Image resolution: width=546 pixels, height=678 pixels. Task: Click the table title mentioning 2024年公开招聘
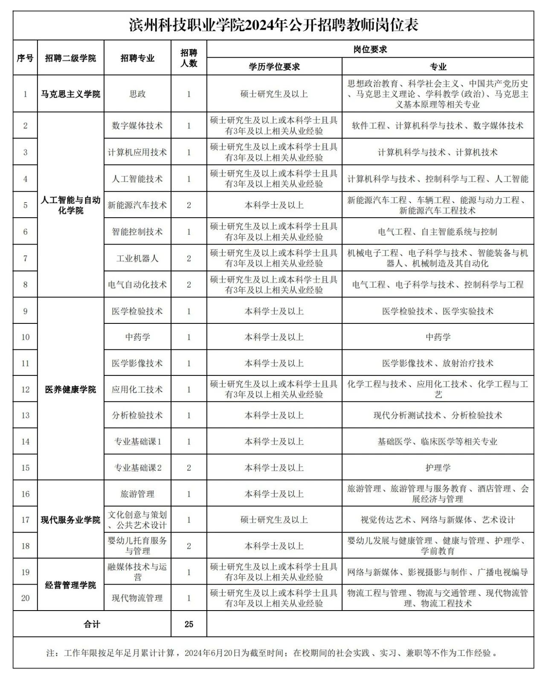tap(273, 25)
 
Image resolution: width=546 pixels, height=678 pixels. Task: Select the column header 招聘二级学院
tap(71, 58)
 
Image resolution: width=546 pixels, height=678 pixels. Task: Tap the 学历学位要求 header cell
tap(274, 67)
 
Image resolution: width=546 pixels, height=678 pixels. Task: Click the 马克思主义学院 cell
tap(71, 94)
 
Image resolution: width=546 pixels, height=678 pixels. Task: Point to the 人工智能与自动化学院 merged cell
tap(71, 205)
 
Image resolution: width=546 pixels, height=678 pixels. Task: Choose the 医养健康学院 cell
tap(71, 389)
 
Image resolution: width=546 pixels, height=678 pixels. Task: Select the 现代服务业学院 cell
tap(71, 520)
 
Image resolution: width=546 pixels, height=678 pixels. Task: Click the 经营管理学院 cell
tap(71, 585)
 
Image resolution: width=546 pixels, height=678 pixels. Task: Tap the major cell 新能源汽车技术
tap(137, 205)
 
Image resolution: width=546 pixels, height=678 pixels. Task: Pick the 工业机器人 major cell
tap(137, 258)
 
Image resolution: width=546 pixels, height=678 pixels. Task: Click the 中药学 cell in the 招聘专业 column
tap(137, 337)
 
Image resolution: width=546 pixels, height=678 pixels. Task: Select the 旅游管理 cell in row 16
tap(137, 494)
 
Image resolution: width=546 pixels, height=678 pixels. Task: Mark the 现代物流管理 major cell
tap(137, 598)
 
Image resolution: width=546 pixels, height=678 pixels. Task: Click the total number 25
tap(189, 624)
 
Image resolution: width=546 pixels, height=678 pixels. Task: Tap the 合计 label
tap(92, 624)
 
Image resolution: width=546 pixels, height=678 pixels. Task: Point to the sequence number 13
tap(25, 415)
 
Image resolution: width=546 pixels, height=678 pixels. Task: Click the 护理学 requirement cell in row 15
tap(438, 468)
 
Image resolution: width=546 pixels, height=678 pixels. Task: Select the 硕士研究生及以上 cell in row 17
tap(274, 520)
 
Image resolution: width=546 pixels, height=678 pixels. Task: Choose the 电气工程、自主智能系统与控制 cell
tap(438, 232)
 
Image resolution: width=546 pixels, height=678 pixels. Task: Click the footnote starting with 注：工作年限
tap(273, 653)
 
